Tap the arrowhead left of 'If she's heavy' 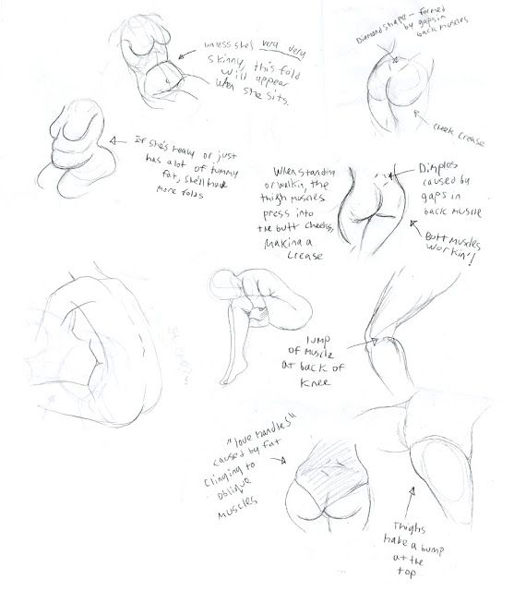click(114, 140)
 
